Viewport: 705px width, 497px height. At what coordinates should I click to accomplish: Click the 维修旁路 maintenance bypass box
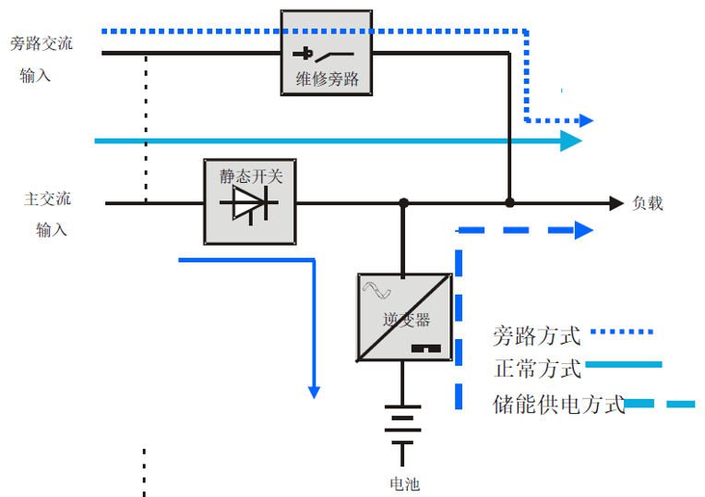327,53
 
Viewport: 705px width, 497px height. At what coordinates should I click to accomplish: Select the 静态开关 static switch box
249,202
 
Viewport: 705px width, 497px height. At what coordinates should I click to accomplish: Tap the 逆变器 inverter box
404,318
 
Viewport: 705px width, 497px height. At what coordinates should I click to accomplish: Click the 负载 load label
647,203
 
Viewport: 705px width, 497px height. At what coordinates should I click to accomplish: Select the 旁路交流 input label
41,42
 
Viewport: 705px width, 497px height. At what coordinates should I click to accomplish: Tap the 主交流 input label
47,199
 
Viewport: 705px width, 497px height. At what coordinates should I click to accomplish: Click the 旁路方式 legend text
536,334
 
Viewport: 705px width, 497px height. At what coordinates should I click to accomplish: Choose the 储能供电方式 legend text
559,404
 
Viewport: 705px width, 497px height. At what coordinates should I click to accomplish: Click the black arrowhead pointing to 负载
616,203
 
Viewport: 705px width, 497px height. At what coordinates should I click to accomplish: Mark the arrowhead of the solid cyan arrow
571,141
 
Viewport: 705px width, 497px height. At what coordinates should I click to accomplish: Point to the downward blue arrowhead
314,392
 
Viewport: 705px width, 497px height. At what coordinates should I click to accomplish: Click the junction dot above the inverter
403,203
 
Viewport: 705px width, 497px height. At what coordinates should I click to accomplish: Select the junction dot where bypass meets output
509,203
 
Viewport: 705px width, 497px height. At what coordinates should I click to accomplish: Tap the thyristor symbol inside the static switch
248,204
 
